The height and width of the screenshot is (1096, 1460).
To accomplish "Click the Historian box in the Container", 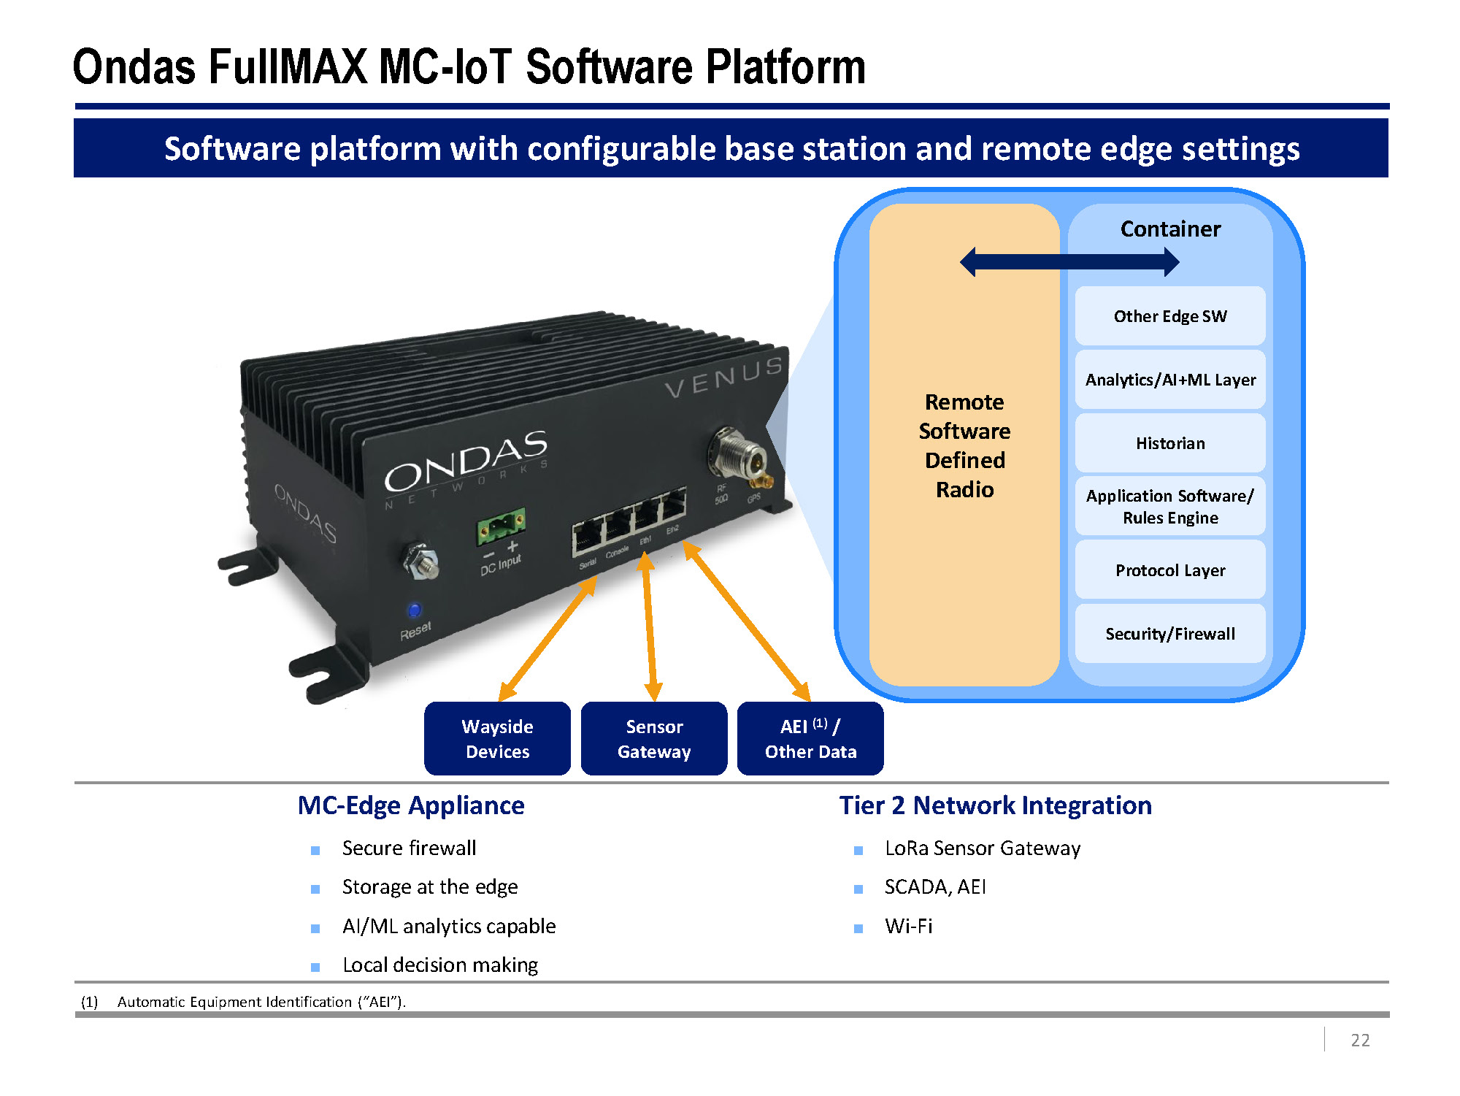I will [1170, 443].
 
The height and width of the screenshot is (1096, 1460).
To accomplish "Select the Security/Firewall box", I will [1170, 634].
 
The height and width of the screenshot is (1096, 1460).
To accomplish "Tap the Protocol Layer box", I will [1170, 570].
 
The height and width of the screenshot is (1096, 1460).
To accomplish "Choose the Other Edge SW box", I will [1170, 316].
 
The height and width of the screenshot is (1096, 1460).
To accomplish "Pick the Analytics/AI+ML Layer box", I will [1170, 380].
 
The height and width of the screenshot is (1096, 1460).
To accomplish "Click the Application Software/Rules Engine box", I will [1170, 507].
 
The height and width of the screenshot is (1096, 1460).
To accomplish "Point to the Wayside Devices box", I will [497, 739].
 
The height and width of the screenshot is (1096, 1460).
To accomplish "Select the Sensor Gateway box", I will [654, 739].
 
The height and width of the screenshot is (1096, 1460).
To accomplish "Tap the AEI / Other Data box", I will [810, 739].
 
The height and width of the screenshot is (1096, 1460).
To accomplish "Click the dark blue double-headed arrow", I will [1069, 262].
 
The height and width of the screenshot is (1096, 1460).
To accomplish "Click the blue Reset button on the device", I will [415, 610].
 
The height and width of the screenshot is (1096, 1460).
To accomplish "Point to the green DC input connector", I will [501, 525].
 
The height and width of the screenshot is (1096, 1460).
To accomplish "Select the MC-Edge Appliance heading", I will [411, 805].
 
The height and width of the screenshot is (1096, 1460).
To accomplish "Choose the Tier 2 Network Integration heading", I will [996, 805].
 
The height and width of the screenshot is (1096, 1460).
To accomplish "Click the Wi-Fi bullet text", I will [909, 927].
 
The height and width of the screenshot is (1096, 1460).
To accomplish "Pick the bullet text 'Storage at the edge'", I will [430, 887].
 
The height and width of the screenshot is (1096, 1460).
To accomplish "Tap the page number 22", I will [1360, 1041].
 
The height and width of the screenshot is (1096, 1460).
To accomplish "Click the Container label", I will [1170, 229].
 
